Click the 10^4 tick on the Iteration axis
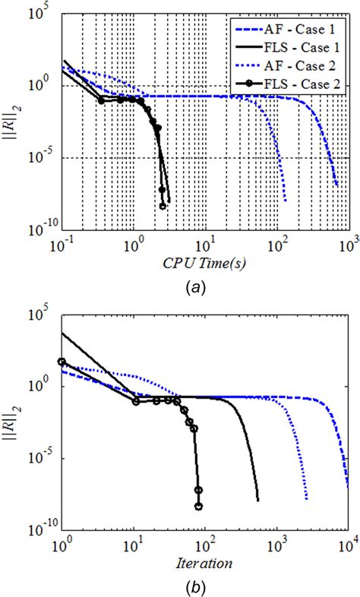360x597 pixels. (x=349, y=545)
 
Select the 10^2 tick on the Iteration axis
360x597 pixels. (x=206, y=545)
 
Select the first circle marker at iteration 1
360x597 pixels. (x=62, y=362)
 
